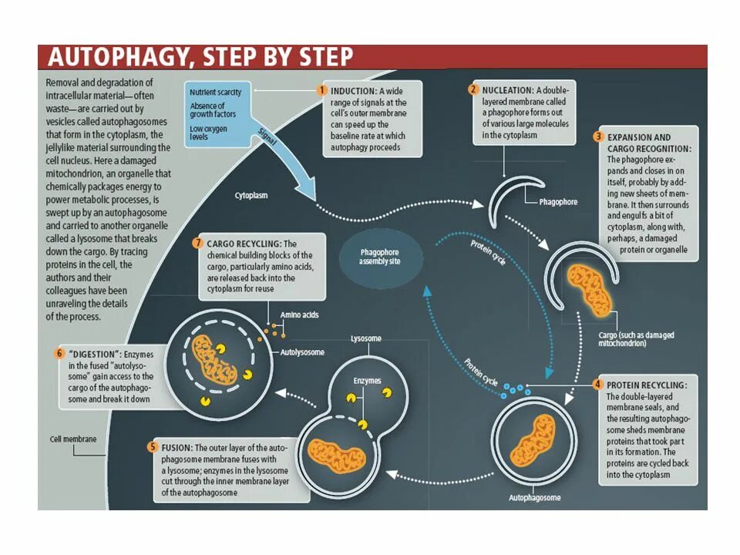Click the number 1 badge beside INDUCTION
323,89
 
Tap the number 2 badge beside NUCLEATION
473,89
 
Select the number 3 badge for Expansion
597,137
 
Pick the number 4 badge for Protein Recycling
597,384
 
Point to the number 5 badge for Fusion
153,447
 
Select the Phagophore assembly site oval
380,257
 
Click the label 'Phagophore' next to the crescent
558,202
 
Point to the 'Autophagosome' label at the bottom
535,498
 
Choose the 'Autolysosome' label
303,352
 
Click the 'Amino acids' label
299,315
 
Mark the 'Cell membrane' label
69,439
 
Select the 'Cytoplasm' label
251,196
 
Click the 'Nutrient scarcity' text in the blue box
215,92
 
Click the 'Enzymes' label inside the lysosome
367,381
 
